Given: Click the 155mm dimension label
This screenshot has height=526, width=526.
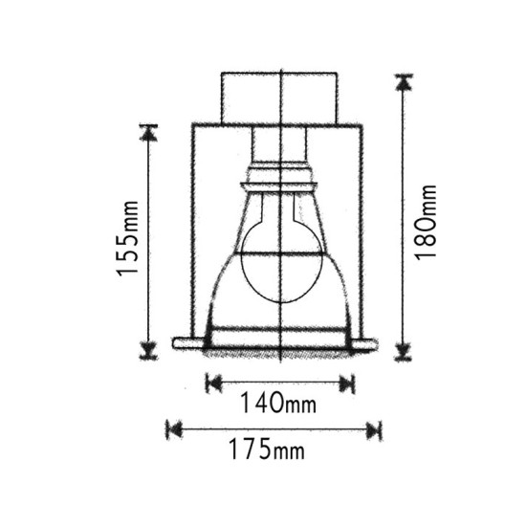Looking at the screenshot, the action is pyautogui.click(x=127, y=238).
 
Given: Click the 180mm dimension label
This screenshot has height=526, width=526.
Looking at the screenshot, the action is pyautogui.click(x=426, y=223).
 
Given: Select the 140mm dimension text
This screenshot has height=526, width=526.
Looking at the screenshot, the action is pyautogui.click(x=278, y=403).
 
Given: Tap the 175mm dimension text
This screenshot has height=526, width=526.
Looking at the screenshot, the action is pyautogui.click(x=267, y=449).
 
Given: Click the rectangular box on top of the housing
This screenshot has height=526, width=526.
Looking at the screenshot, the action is pyautogui.click(x=279, y=98).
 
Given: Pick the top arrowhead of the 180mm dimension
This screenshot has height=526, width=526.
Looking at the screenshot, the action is pyautogui.click(x=404, y=82).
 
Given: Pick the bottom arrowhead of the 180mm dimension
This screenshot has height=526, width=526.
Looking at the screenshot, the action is pyautogui.click(x=404, y=352).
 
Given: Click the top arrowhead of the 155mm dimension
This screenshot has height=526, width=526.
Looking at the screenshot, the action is pyautogui.click(x=148, y=133).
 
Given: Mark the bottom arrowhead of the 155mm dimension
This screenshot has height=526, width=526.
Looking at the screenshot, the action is pyautogui.click(x=148, y=351).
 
